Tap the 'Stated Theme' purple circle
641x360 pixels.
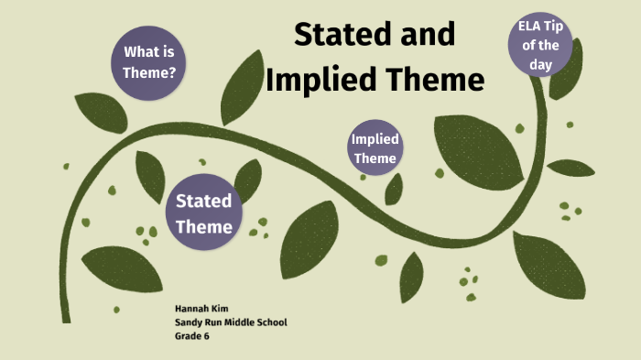click(204, 213)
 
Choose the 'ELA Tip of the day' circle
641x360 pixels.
click(540, 43)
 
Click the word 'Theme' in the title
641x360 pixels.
click(433, 80)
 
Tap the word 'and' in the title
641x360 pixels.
click(425, 35)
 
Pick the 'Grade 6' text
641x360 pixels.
click(192, 336)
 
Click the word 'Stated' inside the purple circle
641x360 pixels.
click(203, 201)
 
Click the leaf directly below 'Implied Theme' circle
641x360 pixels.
click(394, 188)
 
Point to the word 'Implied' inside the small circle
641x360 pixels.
click(375, 140)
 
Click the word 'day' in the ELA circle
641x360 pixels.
click(540, 60)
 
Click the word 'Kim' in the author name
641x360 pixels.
click(217, 309)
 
